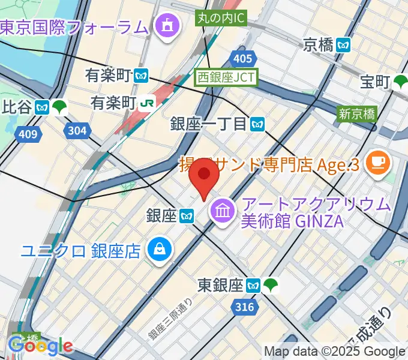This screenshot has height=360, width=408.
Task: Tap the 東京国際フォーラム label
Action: [x=73, y=27]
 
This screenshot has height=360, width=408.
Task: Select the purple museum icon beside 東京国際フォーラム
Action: [x=164, y=26]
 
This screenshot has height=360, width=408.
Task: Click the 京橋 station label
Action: [x=318, y=44]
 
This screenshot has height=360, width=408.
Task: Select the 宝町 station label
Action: [x=376, y=80]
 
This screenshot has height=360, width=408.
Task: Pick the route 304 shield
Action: [x=77, y=130]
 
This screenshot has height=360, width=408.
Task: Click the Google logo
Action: [x=41, y=346]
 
